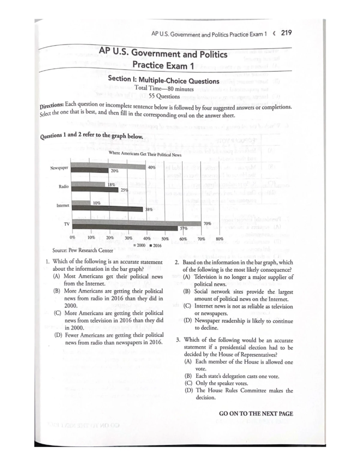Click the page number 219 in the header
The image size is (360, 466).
tap(286, 33)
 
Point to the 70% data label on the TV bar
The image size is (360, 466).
tap(207, 224)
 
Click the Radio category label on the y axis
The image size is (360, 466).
tap(64, 187)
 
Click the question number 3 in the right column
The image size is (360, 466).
tap(178, 340)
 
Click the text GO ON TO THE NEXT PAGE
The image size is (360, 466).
tap(256, 413)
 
